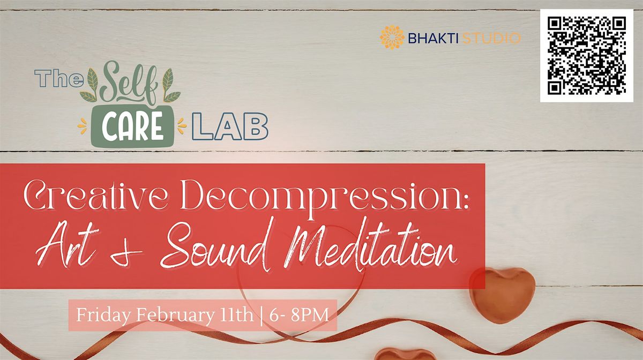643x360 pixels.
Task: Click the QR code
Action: (587, 56)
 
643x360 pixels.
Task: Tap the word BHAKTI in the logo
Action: (433, 38)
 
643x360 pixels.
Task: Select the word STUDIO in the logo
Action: (492, 38)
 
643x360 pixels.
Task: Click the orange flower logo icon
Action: (392, 37)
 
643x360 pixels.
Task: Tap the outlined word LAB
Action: (230, 126)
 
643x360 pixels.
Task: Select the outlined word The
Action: (58, 79)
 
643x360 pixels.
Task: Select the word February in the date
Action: (175, 315)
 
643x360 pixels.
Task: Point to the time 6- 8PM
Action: (299, 315)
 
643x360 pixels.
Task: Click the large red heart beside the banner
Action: (503, 295)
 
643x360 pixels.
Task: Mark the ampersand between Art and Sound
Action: (127, 253)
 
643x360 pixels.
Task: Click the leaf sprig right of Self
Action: (170, 86)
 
